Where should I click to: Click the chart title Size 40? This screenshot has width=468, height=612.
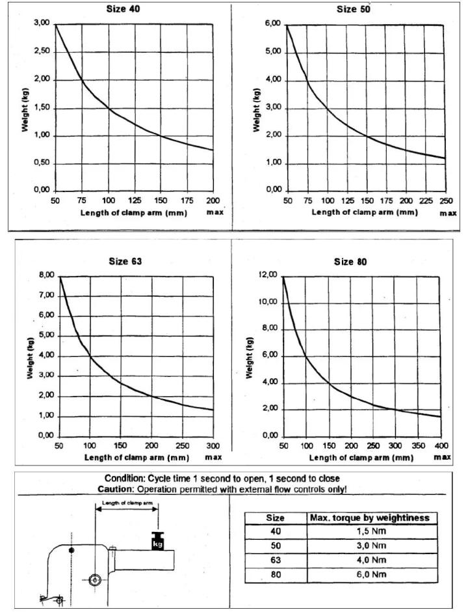tap(124, 9)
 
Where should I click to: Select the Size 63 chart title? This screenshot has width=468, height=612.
tap(124, 261)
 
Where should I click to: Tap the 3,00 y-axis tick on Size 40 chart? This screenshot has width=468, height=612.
tap(42, 23)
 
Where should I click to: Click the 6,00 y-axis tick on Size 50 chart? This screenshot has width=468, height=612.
tap(273, 23)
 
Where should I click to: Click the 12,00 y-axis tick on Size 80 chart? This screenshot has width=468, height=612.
tap(268, 276)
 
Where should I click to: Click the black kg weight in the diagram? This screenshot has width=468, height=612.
tap(157, 542)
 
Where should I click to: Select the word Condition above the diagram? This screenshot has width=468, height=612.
tap(127, 479)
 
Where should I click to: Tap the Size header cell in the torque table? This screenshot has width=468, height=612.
tap(274, 518)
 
